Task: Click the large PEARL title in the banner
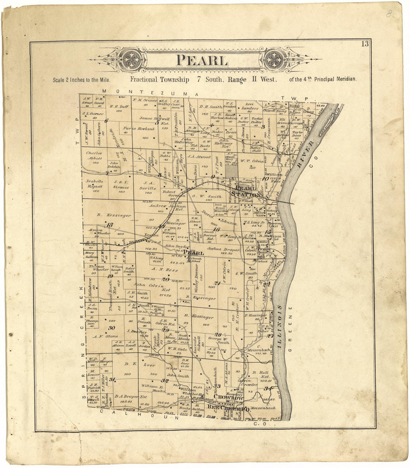[x=202, y=60]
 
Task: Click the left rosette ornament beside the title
[x=132, y=60]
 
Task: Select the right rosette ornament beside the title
[x=274, y=60]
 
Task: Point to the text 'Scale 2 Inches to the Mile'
[x=82, y=80]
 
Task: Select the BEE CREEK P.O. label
[x=228, y=408]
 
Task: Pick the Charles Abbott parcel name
[x=94, y=155]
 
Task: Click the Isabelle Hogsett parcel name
[x=94, y=184]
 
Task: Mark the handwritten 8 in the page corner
[x=388, y=14]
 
